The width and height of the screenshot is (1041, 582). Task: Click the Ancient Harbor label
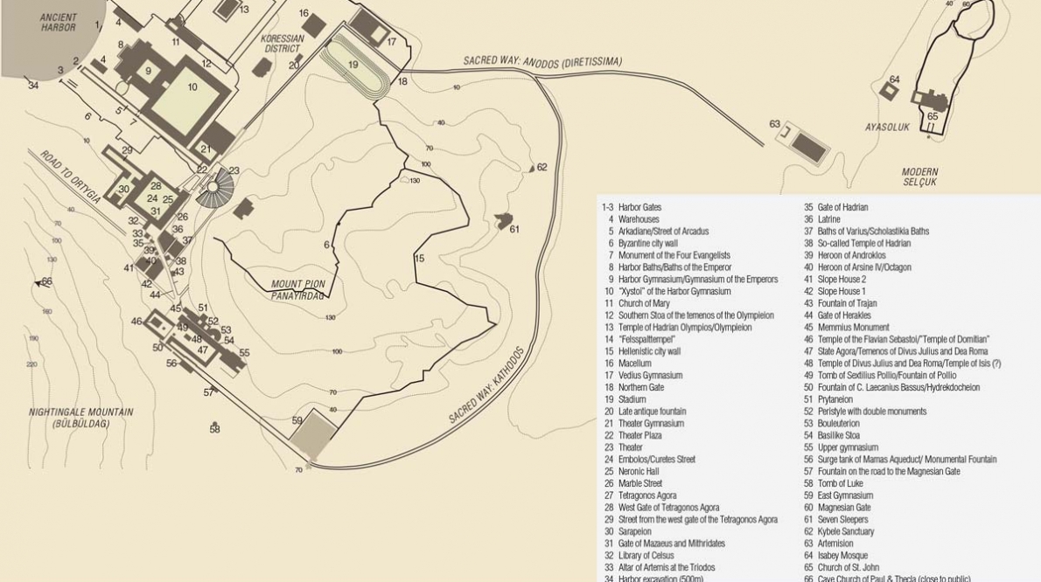point(59,22)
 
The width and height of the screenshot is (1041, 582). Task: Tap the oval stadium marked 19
point(354,66)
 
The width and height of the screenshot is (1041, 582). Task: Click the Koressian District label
point(283,44)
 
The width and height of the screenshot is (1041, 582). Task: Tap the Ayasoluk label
point(887,128)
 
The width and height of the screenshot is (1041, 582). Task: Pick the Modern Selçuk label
point(919,177)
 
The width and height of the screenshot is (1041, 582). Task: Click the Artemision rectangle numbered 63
point(806,143)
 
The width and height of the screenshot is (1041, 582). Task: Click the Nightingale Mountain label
point(80,418)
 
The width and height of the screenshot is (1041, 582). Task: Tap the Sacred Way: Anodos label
point(542,61)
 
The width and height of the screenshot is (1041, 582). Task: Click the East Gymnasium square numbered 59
point(312,434)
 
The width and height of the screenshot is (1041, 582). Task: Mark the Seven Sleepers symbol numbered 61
point(505,221)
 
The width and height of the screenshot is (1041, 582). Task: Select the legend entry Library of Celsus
point(650,555)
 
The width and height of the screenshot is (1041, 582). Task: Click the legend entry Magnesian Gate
point(843,508)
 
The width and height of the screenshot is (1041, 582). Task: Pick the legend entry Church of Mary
point(643,303)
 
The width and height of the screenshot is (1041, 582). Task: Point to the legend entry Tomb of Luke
point(839,483)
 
